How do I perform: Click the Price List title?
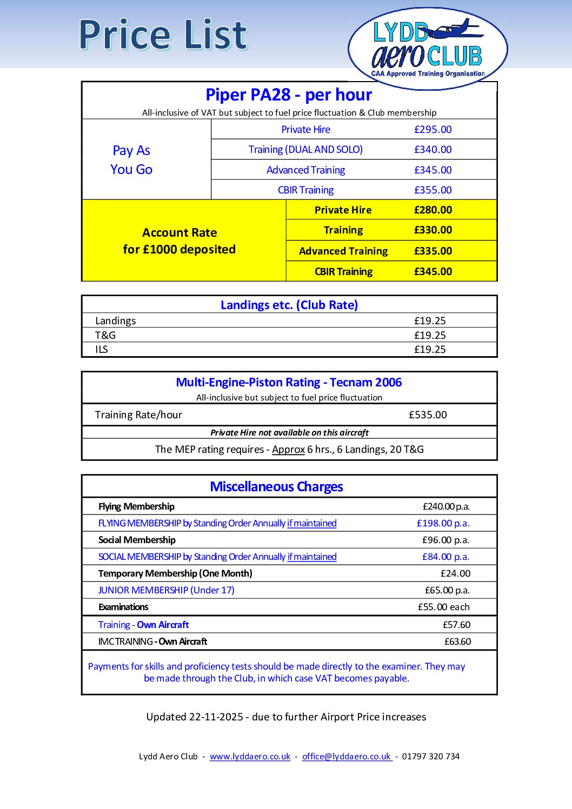point(163,35)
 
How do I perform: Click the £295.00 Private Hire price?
point(433,130)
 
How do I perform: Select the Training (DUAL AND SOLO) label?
point(305,150)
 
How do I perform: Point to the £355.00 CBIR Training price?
point(433,190)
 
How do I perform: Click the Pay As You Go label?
point(131,160)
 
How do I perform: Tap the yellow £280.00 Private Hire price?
point(433,210)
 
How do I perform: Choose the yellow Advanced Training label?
point(343,251)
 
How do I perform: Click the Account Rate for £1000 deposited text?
point(179,241)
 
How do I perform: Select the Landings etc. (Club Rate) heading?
point(289,305)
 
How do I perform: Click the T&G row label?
point(105,335)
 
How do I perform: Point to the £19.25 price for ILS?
point(430,350)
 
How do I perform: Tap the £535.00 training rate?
point(428,415)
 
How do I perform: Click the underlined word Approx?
point(288,450)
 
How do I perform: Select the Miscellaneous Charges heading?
point(276,487)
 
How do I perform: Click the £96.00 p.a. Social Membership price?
point(445,540)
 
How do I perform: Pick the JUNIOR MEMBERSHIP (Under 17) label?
point(167,590)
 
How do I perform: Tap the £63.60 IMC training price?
point(457,641)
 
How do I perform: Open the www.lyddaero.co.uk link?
point(250,757)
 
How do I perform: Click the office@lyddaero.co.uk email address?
point(347,757)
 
